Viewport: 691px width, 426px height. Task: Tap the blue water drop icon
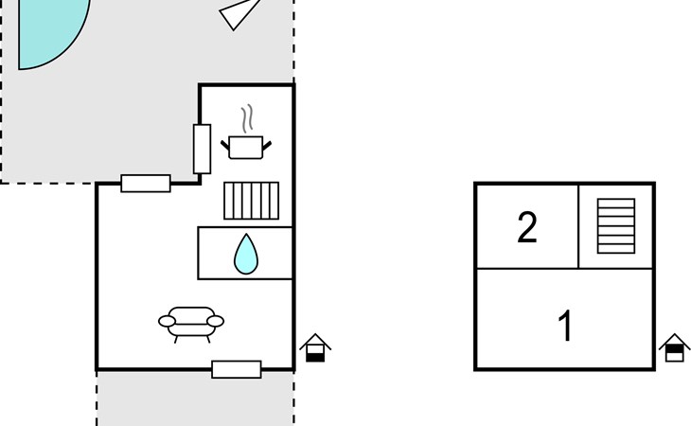(x=246, y=255)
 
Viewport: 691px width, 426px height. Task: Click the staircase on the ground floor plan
(x=251, y=201)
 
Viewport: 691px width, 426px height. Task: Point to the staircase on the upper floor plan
(x=616, y=226)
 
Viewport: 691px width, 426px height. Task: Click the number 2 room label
(x=527, y=227)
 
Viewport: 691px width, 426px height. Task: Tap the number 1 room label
(x=565, y=326)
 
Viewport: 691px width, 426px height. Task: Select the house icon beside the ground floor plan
(x=315, y=347)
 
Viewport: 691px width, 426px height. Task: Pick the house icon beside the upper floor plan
(x=674, y=347)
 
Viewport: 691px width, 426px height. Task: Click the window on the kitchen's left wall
(x=202, y=149)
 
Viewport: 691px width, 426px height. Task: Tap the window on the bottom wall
(x=237, y=369)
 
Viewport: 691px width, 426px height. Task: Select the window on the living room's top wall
(x=146, y=184)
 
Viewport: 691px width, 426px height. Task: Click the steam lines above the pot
(x=248, y=118)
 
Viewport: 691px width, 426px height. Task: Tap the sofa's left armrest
(x=167, y=321)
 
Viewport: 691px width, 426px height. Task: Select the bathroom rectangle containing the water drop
(x=245, y=254)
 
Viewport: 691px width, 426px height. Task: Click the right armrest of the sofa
(x=216, y=321)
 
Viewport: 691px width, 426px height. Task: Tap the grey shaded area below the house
(x=195, y=399)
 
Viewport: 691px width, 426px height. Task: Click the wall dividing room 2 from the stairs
(x=578, y=226)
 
